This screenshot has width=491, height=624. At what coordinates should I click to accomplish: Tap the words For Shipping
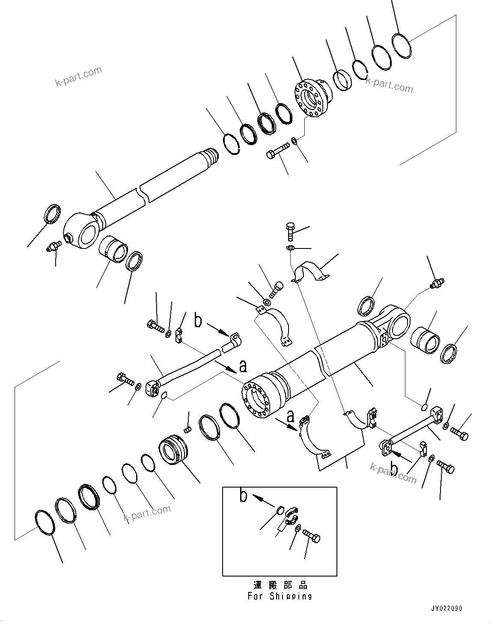pyautogui.click(x=280, y=596)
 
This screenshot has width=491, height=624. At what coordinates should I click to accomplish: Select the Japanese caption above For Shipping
pyautogui.click(x=280, y=585)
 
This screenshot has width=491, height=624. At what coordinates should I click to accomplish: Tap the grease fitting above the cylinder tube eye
pyautogui.click(x=437, y=282)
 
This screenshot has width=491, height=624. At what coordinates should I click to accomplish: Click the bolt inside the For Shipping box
pyautogui.click(x=311, y=535)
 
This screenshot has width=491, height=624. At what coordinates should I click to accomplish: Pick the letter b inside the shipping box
pyautogui.click(x=243, y=497)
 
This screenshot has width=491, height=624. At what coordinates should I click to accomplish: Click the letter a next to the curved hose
pyautogui.click(x=243, y=366)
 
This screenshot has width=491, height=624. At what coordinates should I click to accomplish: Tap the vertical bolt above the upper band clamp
pyautogui.click(x=289, y=231)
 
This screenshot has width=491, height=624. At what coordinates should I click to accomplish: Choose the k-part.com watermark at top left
pyautogui.click(x=79, y=76)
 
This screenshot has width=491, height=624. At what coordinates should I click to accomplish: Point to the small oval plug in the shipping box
pyautogui.click(x=279, y=509)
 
